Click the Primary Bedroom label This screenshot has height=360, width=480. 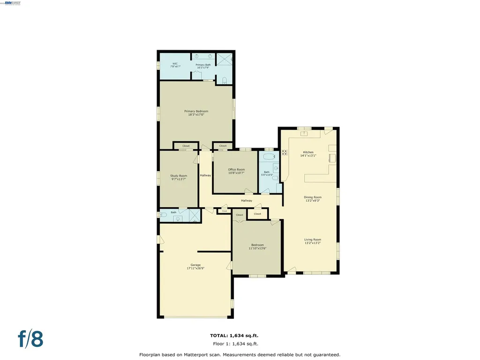pos(196,111)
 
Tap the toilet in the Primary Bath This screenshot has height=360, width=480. pos(225,80)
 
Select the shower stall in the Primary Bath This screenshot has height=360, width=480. pos(225,60)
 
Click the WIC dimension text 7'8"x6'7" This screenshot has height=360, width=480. pos(175,67)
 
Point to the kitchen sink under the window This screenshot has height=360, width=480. pos(304,133)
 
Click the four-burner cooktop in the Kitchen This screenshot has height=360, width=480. pos(285,152)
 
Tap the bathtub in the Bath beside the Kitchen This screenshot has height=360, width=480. pos(268,157)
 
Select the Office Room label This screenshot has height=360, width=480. pos(236,169)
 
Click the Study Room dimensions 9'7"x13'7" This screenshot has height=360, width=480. pos(179,179)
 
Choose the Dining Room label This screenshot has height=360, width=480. pos(313,197)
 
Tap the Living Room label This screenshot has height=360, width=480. pos(313,240)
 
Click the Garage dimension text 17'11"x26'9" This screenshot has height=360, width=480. pos(195,268)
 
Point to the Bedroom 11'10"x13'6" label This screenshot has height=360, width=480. pos(257,247)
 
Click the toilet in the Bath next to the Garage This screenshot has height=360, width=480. pos(163,215)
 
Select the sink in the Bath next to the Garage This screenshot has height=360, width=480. pos(178,218)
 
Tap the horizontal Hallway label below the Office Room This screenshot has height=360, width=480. pos(247,201)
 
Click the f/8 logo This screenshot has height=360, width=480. pos(31,339)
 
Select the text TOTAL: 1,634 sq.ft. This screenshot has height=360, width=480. pos(234,336)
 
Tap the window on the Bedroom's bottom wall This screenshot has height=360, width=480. pos(257,276)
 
